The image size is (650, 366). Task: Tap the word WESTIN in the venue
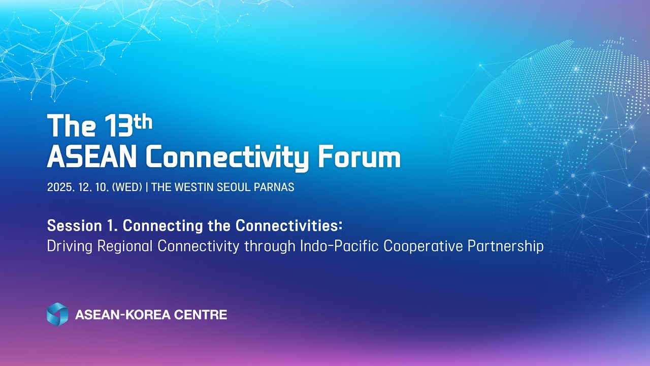pos(194,187)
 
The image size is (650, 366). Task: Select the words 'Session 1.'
pos(82,225)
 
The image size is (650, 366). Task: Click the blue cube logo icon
pos(57,314)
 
